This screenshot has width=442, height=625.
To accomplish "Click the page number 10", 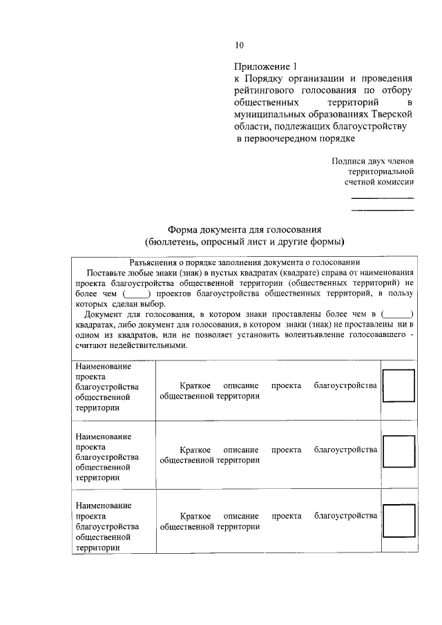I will coord(239,46).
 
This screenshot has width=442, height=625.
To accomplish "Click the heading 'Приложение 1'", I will coord(265,67).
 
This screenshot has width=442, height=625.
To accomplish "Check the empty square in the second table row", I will coord(398,452).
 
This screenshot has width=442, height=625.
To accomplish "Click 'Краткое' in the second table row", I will coord(195,450).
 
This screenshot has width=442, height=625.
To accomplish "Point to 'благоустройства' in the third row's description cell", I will coord(345,516).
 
